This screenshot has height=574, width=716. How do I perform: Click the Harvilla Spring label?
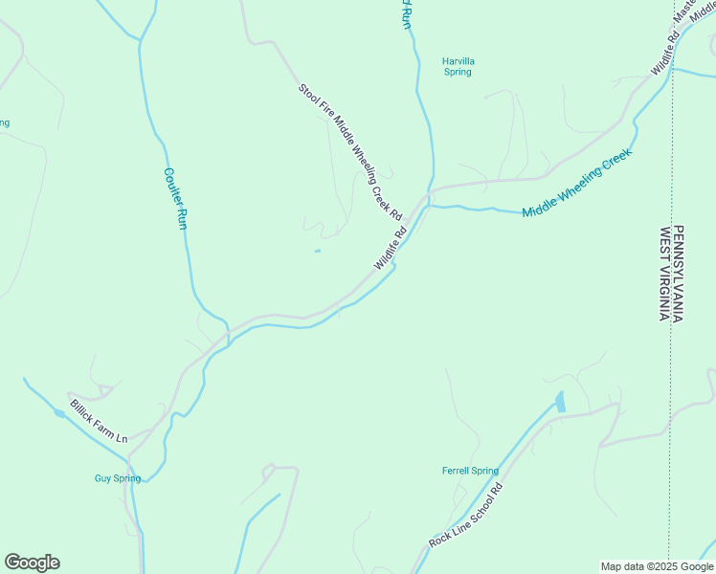click(458, 66)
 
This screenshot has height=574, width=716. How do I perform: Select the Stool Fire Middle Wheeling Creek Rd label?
click(349, 148)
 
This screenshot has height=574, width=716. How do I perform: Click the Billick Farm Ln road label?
click(98, 421)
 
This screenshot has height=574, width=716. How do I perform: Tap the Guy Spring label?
click(117, 478)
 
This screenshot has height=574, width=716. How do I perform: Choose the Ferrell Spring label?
click(470, 471)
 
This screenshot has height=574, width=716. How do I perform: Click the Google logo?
click(32, 563)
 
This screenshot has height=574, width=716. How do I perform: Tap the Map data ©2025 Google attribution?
click(656, 566)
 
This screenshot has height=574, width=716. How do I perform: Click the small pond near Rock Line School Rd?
click(560, 402)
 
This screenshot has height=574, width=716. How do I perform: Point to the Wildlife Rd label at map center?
click(391, 247)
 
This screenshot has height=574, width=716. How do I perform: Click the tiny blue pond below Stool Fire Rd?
click(317, 252)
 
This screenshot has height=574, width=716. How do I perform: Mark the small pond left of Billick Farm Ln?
click(60, 413)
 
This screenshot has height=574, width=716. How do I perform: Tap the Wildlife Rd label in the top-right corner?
click(665, 55)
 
